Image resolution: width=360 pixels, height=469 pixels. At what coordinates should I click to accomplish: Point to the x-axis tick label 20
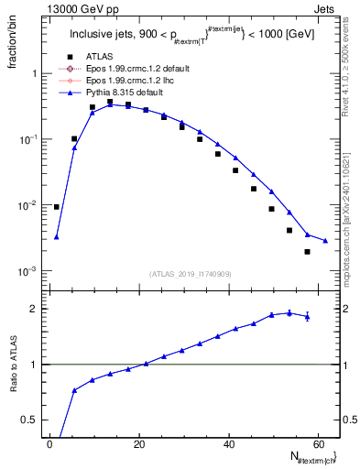139,443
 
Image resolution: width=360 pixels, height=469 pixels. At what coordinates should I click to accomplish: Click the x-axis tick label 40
229,443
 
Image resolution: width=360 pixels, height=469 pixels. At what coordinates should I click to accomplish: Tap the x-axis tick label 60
319,443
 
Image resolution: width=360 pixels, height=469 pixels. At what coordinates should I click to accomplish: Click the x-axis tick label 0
49,443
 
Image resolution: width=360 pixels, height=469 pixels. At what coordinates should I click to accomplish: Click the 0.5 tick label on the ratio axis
34,419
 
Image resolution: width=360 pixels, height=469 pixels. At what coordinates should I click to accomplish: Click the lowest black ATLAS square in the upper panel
308,251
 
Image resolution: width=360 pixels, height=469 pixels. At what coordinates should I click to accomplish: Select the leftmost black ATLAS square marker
57,207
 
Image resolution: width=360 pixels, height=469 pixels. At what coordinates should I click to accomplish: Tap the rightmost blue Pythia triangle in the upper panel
325,241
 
